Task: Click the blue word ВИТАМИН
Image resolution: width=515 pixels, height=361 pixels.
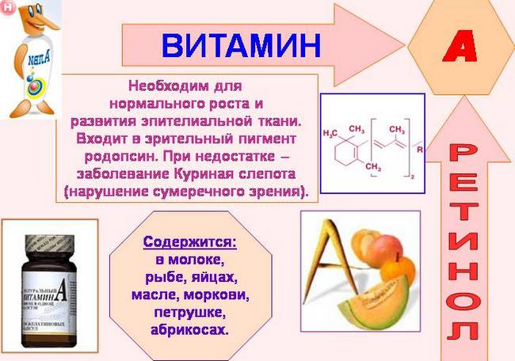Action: (x=241, y=45)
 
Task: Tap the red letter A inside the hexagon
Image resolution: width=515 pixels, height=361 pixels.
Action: (x=460, y=49)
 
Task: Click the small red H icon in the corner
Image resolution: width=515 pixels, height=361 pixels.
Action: (x=8, y=7)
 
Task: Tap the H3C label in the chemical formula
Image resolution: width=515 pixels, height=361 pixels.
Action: (x=333, y=134)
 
